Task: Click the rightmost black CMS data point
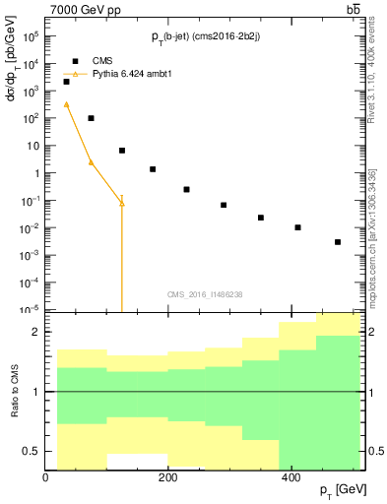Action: [x=338, y=241]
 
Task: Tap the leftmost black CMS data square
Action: [x=66, y=82]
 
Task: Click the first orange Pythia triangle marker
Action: [x=66, y=103]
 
